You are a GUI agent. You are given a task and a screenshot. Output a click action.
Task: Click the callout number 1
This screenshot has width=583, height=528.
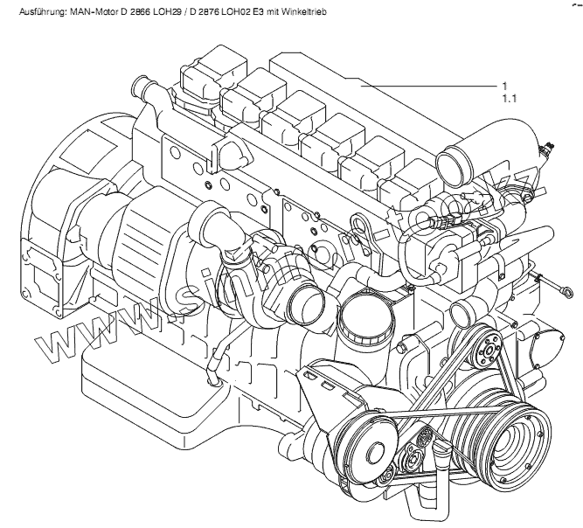[x=505, y=86]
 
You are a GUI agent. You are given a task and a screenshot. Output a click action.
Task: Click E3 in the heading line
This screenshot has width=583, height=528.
[x=259, y=14]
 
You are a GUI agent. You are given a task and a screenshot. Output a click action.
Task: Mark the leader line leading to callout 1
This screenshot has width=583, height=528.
[x=428, y=86]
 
